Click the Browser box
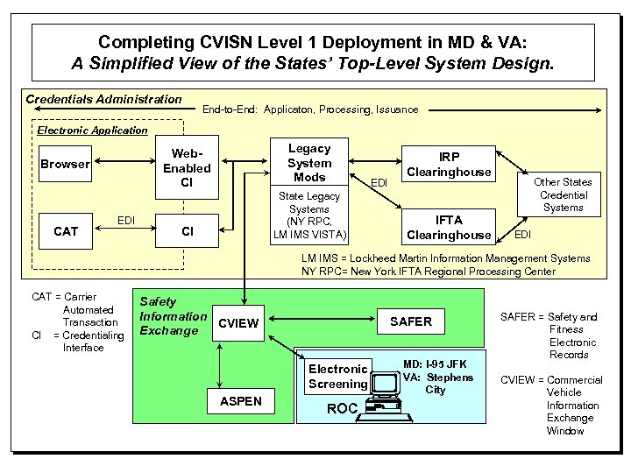point(65,164)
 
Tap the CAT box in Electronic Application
point(66,231)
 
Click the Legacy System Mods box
point(309,163)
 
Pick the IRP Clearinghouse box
point(449,165)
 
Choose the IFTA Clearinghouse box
point(449,228)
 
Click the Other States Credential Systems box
point(563,194)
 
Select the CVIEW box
point(238,322)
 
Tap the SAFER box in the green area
point(410,321)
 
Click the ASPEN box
point(238,402)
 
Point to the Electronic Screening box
point(337,377)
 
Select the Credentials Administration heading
point(103,99)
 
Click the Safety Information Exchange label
point(173,316)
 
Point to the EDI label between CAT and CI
point(126,220)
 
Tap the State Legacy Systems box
point(309,215)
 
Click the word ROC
point(342,408)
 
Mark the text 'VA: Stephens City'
point(437,384)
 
